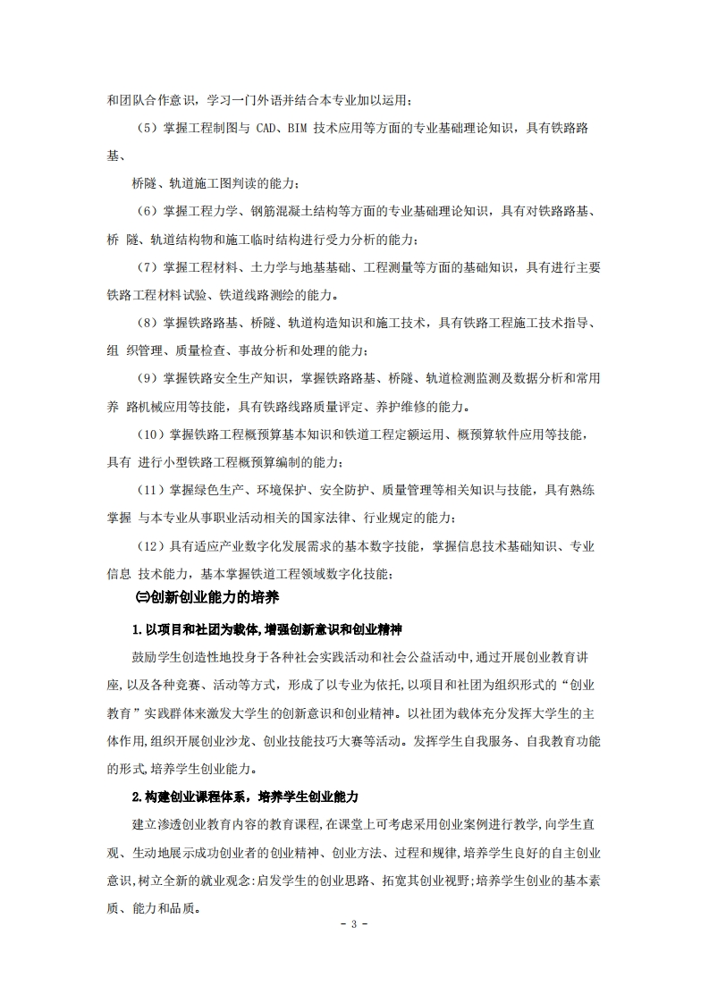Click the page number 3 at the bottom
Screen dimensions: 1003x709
point(354,923)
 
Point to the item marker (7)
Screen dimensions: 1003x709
point(148,266)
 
